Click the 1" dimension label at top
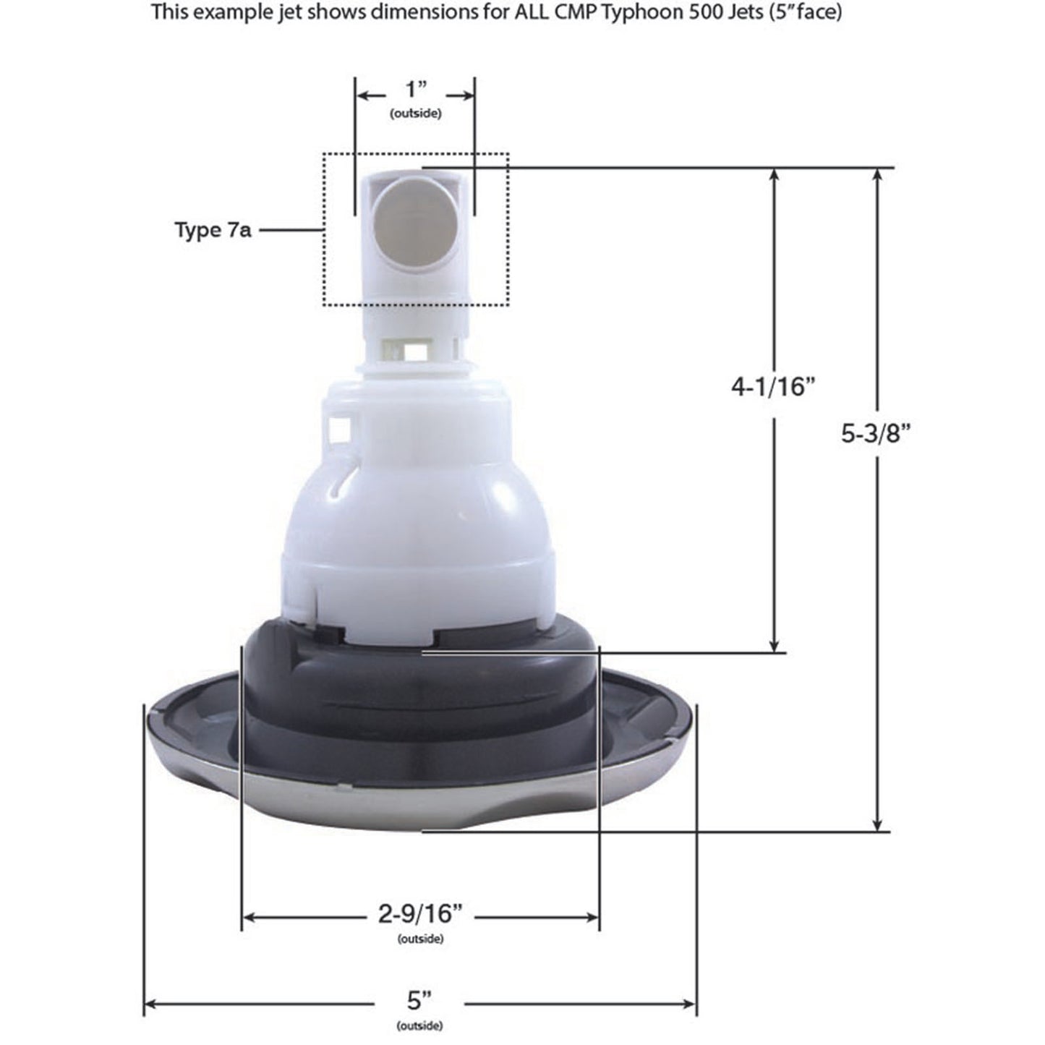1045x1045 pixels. (x=417, y=92)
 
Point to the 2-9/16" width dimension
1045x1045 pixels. (x=420, y=916)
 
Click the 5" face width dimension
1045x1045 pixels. (x=419, y=1002)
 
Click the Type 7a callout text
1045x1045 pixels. (x=213, y=231)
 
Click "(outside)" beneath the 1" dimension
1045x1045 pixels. (x=416, y=114)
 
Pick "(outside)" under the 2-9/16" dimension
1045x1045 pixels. (x=420, y=939)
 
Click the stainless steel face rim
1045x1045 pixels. (x=419, y=803)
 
